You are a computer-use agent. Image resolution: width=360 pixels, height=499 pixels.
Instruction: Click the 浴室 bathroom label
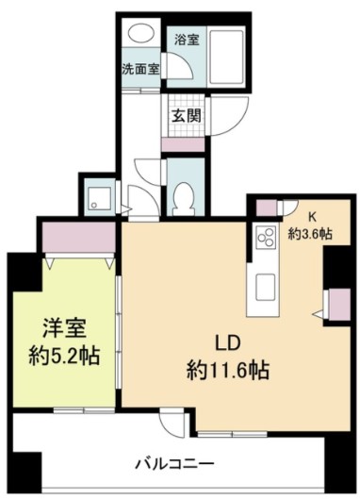pos(187,40)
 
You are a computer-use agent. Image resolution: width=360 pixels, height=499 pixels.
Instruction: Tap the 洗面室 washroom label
pos(140,69)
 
